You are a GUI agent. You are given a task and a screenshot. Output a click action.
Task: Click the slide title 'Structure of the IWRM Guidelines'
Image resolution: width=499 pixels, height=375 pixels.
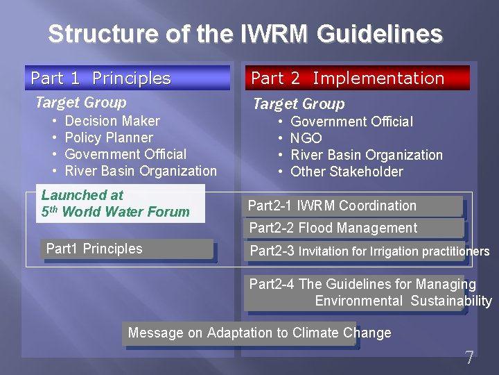tap(245, 33)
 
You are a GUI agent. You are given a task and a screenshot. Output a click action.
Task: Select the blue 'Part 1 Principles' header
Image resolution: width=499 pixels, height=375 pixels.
tap(127, 78)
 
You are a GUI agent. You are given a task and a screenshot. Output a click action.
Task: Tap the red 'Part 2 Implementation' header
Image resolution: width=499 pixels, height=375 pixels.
tap(356, 78)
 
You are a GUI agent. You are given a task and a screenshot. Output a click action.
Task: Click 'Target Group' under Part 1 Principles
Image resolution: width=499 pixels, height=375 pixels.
tap(81, 103)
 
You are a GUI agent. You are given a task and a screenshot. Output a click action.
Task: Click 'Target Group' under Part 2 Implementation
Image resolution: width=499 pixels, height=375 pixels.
tap(298, 104)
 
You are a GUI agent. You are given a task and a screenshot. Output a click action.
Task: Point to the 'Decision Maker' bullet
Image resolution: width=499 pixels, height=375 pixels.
tap(112, 121)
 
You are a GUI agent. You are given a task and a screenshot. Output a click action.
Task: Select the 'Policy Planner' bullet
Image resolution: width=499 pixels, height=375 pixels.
tap(108, 137)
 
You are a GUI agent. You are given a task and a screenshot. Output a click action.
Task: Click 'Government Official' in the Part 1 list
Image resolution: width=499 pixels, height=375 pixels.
tap(125, 154)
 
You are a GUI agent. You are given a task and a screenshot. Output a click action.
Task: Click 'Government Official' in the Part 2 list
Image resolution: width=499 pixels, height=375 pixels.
tap(351, 122)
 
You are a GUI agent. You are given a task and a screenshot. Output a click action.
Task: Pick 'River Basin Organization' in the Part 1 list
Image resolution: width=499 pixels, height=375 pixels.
tap(141, 171)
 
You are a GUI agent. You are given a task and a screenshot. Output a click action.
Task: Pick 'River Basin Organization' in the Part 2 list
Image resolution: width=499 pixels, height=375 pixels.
tap(366, 155)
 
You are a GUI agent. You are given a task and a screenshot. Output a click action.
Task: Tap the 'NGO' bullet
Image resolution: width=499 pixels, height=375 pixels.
tap(306, 138)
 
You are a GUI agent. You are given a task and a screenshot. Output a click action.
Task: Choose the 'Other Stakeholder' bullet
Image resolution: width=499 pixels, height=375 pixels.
tap(347, 172)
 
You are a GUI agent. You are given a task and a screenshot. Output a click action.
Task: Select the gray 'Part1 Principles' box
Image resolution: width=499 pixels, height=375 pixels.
tap(127, 249)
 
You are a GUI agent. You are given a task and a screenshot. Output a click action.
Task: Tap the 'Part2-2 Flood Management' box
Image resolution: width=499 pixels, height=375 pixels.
tap(353, 228)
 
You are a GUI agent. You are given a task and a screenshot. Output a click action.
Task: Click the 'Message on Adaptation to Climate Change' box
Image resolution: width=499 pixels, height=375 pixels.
tap(239, 333)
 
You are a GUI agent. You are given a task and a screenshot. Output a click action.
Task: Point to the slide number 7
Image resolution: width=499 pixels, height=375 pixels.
tap(469, 358)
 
